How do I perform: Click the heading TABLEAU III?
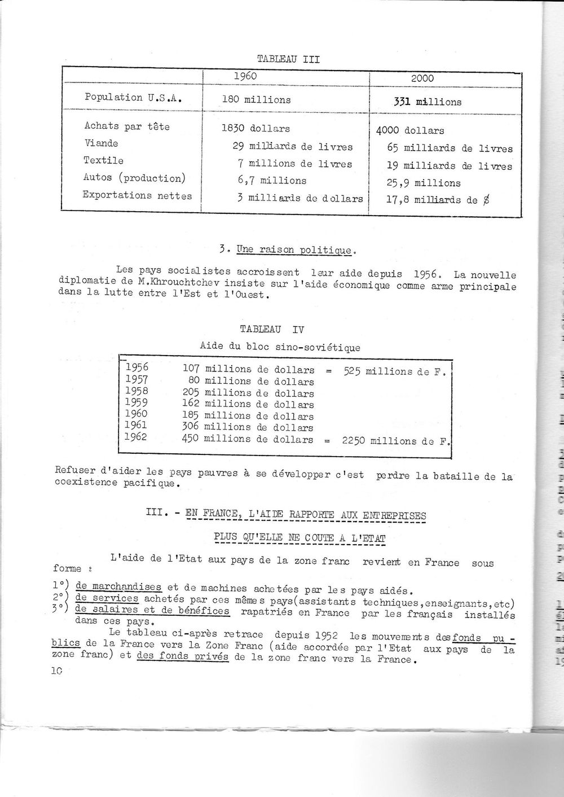(288, 58)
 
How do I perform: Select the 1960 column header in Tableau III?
(245, 76)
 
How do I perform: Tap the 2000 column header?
(422, 78)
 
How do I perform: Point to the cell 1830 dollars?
(255, 128)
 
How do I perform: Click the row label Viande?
(101, 143)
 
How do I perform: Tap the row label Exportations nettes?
(137, 196)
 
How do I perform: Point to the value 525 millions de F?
(394, 371)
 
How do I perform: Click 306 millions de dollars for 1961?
(248, 428)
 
